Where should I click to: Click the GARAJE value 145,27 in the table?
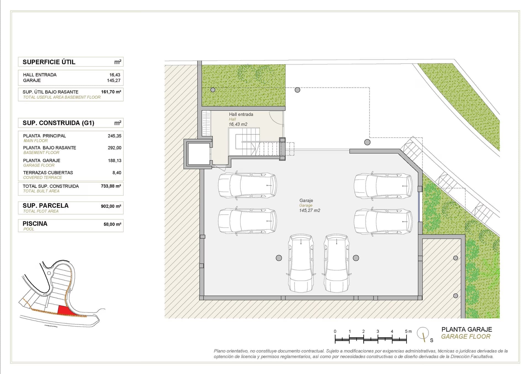point(114,80)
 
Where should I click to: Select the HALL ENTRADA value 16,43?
point(115,75)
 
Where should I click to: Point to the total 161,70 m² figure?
point(111,92)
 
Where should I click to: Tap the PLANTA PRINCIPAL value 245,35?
point(115,136)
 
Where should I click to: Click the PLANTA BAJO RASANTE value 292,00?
point(115,148)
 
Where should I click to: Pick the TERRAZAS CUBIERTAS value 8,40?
point(117,173)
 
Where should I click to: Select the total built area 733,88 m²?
point(111,186)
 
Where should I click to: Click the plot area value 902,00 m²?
point(111,206)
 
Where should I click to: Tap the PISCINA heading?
point(35,224)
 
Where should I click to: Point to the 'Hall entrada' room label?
point(241,114)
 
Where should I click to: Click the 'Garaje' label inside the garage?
point(306,201)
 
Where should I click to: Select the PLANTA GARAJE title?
point(467,329)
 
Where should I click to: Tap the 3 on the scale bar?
point(378,331)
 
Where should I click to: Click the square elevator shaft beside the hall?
point(198,154)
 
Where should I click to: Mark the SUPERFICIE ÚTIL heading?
point(49,62)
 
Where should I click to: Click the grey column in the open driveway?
point(367,142)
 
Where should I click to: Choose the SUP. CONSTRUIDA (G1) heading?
point(59,123)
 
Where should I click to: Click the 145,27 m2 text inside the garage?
point(310,211)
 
